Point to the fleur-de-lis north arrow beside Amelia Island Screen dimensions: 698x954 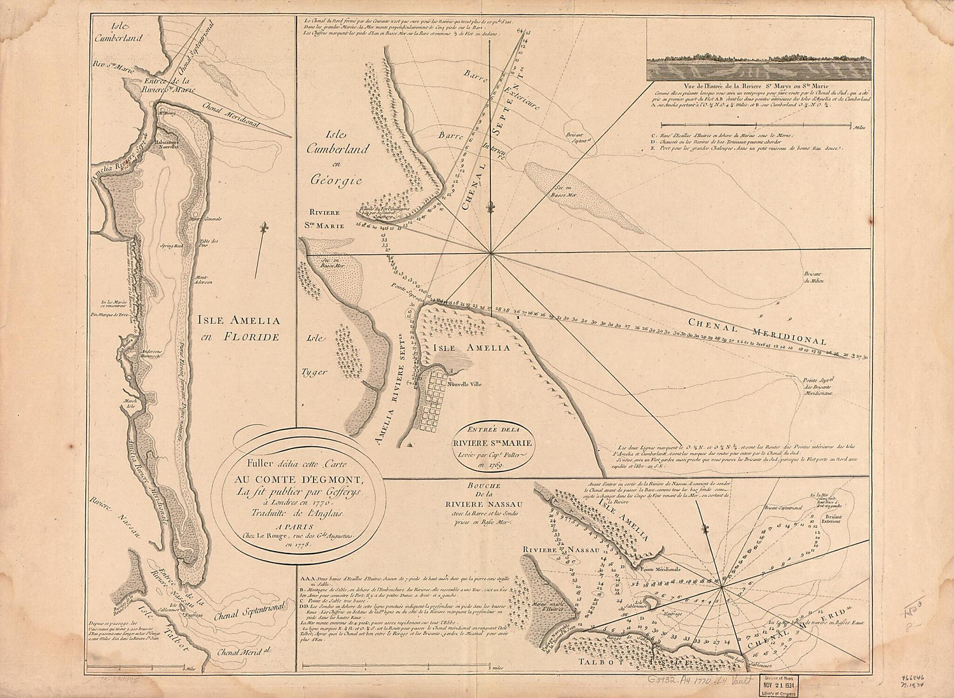pyautogui.click(x=263, y=228)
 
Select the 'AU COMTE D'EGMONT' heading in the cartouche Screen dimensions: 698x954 pyautogui.click(x=299, y=479)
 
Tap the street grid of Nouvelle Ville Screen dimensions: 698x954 pyautogui.click(x=438, y=402)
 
